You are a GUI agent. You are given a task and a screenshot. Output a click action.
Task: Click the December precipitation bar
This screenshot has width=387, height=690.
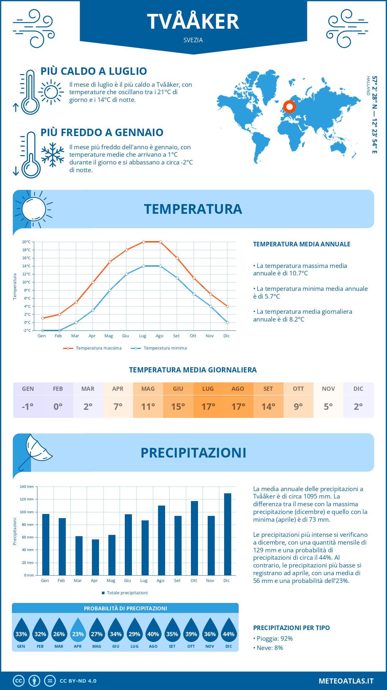tap(227, 534)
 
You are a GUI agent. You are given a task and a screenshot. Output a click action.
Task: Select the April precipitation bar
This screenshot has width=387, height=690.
tap(95, 557)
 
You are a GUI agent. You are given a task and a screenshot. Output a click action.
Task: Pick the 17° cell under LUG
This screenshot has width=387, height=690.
tap(208, 407)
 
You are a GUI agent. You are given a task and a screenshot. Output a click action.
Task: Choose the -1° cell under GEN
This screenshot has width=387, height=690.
tap(28, 407)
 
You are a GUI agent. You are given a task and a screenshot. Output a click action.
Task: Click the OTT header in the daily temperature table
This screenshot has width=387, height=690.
tap(298, 389)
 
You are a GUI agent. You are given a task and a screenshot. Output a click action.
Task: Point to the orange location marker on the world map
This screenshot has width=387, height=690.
tap(290, 107)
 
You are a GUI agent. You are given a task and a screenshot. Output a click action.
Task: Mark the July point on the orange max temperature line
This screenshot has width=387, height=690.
tap(144, 242)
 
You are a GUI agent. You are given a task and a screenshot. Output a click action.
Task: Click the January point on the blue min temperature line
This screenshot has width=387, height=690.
tap(43, 330)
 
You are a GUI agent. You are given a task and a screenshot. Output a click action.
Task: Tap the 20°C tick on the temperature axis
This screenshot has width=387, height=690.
tap(26, 242)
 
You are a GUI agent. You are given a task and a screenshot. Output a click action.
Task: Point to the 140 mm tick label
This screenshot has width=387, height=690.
tap(27, 487)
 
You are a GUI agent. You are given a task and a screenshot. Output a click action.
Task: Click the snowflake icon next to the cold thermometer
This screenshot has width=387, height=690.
tap(53, 155)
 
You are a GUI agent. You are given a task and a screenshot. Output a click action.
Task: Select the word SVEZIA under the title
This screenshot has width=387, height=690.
tap(193, 40)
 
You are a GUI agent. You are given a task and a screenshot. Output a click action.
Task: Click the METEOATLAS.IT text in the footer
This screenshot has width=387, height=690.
tap(346, 681)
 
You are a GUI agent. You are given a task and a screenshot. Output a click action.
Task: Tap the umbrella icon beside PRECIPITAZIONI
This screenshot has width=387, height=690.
tap(35, 451)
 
